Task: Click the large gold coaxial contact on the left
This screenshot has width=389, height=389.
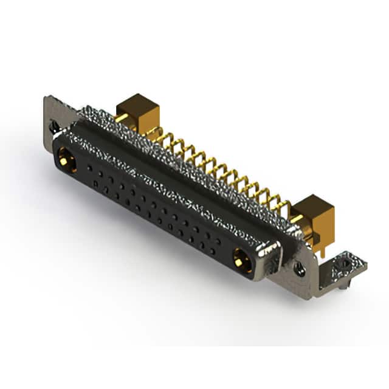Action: (65, 161)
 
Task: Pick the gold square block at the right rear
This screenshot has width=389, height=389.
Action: (315, 214)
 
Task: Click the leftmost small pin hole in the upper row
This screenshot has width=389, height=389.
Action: (90, 167)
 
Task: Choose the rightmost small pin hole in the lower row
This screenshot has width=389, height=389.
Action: (212, 250)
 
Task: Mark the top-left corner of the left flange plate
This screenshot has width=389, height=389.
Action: (46, 97)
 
